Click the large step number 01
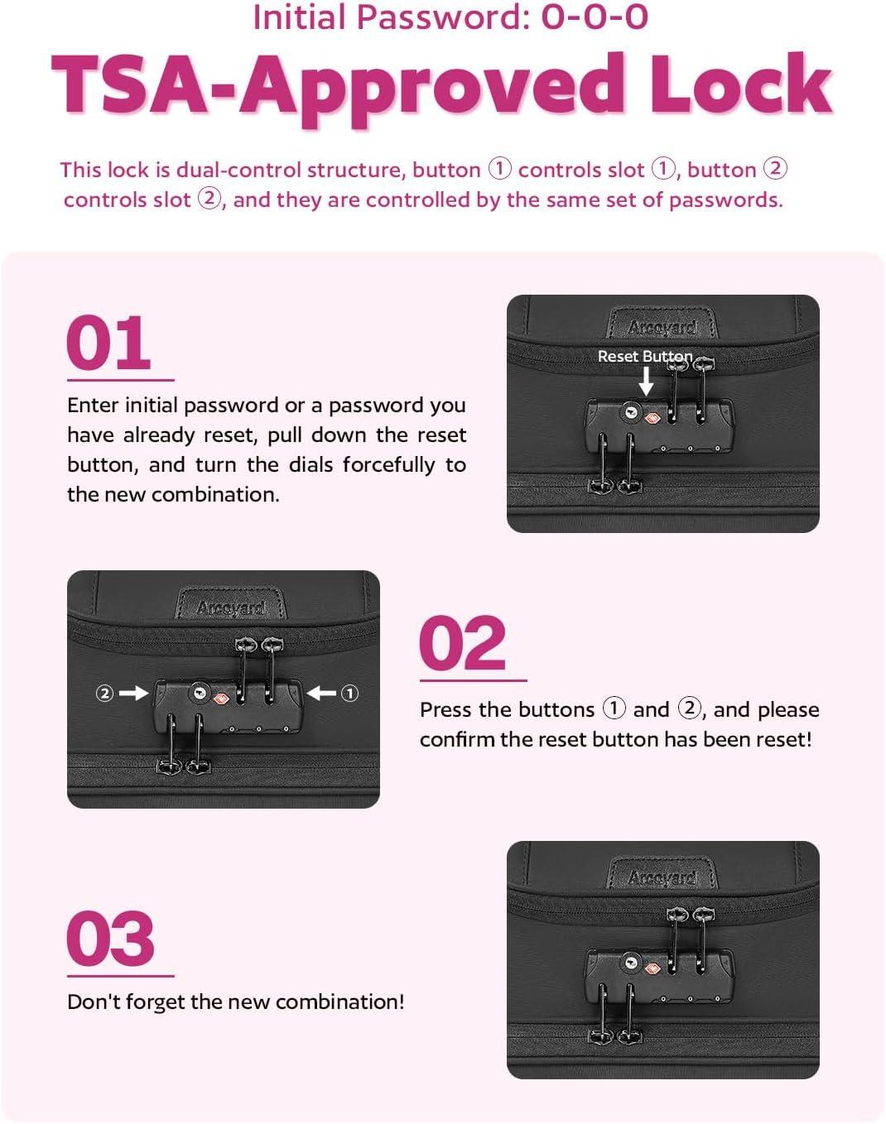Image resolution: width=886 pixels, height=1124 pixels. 108,343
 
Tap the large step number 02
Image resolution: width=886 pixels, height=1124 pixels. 463,643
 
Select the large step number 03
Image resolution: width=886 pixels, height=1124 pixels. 110,938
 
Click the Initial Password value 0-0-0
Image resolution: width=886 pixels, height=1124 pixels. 595,17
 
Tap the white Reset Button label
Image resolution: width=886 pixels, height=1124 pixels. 645,356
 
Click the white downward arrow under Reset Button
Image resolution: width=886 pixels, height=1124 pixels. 647,381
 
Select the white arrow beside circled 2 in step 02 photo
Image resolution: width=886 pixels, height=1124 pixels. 134,693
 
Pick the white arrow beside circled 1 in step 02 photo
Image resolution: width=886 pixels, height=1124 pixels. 321,693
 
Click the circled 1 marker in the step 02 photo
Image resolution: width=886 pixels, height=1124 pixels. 349,693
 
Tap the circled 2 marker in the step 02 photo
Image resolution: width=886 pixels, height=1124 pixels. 104,693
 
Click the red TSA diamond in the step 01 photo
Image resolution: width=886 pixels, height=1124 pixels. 652,418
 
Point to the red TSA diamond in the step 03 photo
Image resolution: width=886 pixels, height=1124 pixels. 652,969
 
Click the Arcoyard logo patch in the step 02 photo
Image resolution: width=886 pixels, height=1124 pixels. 230,606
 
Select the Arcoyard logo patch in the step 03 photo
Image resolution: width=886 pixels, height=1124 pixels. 662,877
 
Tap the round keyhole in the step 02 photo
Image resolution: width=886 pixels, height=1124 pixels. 200,693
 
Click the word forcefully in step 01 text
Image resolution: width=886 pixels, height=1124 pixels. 389,465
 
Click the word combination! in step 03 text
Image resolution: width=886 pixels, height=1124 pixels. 339,1002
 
